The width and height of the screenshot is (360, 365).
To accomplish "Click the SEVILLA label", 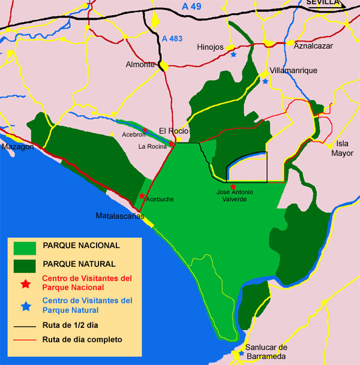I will coord(323,3).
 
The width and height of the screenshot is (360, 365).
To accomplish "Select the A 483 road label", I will coord(172,38).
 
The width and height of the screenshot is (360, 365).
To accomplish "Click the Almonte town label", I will coord(140,65).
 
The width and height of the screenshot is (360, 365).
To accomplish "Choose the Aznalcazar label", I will coord(312,44).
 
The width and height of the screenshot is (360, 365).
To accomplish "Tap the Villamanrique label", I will coord(293,70).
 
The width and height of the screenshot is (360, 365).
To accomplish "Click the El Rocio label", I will coord(174,131).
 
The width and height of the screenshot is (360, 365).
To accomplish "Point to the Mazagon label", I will coord(17,147).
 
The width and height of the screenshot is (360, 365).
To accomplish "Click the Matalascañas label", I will coord(121,215).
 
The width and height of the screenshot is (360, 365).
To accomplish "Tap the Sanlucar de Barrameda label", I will coord(267,352).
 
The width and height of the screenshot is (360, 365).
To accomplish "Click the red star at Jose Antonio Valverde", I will coord(233,187).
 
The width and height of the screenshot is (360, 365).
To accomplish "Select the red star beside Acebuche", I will coord(142,196).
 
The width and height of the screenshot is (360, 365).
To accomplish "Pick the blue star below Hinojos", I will coord(233,55).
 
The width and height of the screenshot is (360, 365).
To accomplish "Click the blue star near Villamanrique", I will coord(265,81).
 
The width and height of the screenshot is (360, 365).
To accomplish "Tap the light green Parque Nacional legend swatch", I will coord(25,246).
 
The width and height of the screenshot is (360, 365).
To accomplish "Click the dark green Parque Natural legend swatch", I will coord(25,264).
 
